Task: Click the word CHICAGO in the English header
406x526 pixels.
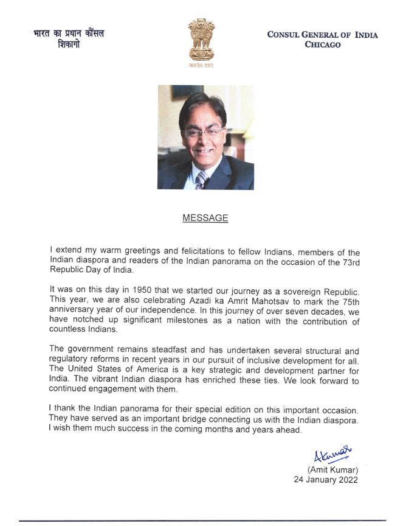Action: click(x=323, y=46)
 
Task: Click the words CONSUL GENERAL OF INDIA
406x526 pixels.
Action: click(x=322, y=35)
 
